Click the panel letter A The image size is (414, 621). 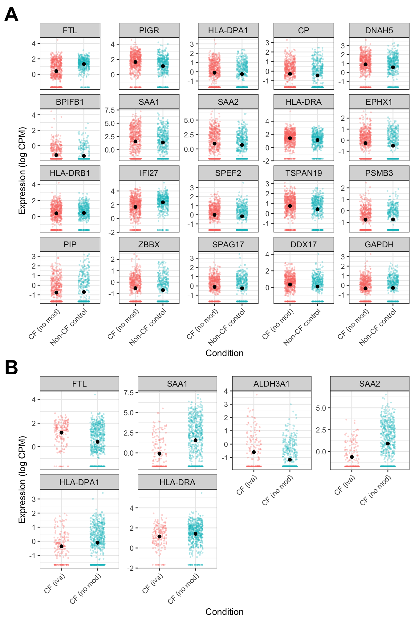11,14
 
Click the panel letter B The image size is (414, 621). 11,368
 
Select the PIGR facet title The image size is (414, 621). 149,30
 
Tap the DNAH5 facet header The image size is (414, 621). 379,30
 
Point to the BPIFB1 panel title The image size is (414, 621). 70,102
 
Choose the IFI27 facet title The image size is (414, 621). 149,173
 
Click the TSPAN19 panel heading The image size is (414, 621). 303,173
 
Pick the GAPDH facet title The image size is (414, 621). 379,245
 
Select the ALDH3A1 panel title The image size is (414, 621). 271,384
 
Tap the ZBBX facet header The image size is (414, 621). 149,245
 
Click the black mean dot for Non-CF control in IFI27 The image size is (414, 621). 163,202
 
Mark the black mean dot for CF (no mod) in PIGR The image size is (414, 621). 136,62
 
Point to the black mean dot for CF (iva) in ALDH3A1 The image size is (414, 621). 254,452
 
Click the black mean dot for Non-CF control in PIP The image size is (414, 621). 84,292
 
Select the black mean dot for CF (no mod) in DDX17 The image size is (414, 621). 290,285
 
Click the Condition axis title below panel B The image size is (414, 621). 224,611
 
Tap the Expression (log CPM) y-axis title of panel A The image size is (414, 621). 22,171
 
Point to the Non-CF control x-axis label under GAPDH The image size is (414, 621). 378,327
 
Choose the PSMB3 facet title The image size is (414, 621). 379,173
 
